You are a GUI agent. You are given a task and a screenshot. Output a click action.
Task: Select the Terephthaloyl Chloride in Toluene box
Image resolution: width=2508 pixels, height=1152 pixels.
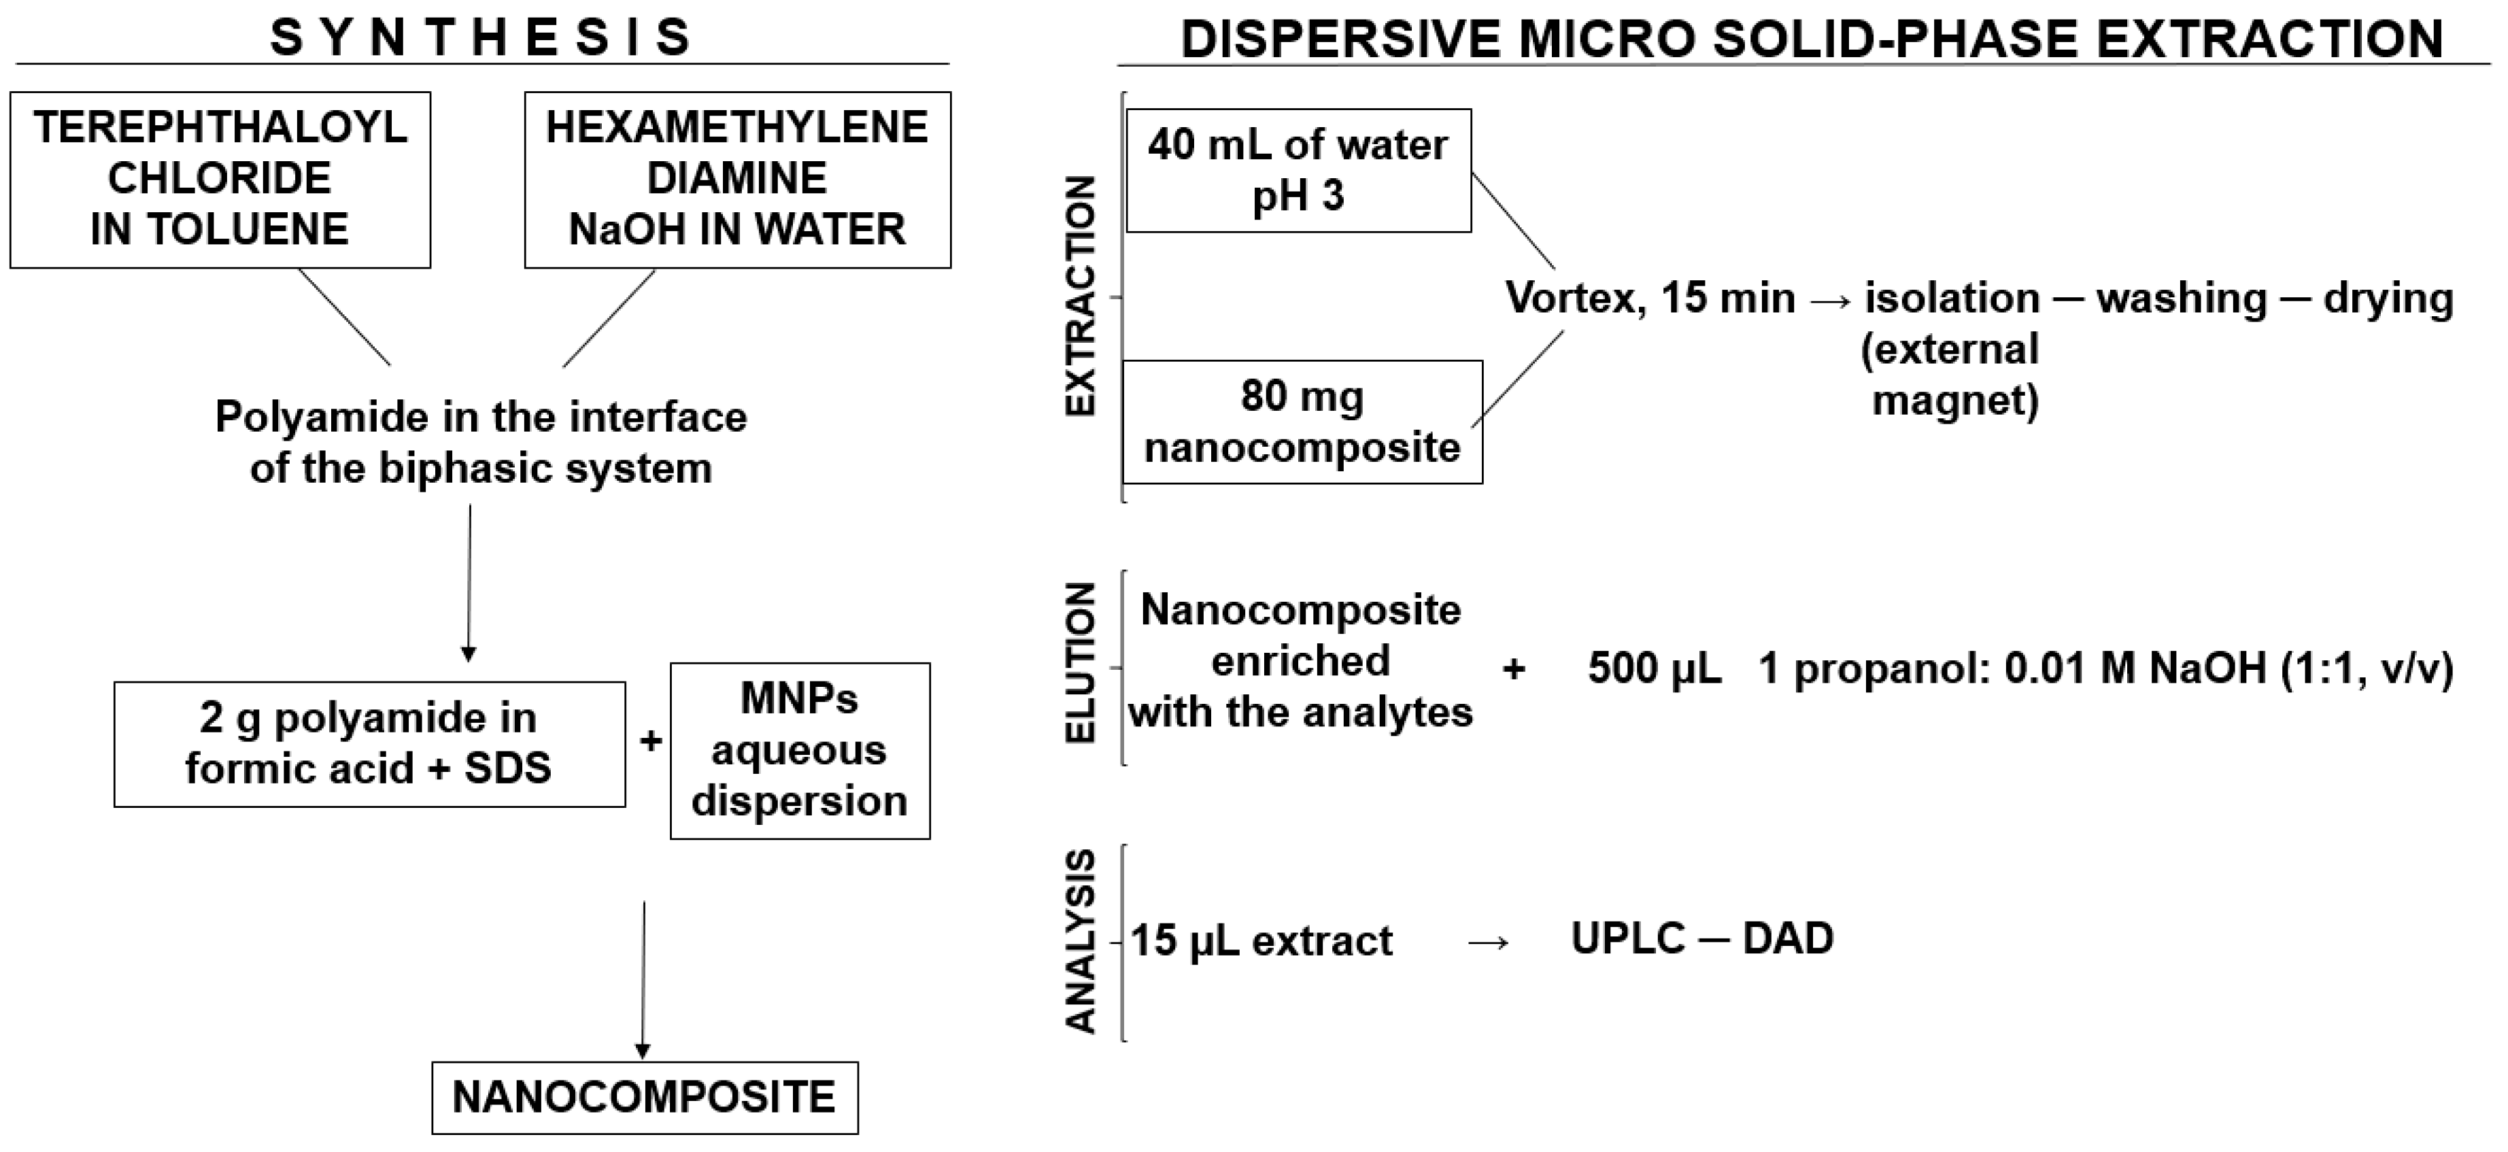(220, 179)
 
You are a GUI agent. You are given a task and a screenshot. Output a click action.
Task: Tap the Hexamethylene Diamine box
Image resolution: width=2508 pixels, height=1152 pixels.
(737, 179)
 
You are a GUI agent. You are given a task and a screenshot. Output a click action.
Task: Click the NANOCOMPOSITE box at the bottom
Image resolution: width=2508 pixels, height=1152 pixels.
(645, 1098)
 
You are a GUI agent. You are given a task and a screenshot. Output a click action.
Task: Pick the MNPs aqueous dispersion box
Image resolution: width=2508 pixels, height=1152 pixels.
(799, 750)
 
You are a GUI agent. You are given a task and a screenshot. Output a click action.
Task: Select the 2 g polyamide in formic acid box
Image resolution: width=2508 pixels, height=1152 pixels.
(369, 744)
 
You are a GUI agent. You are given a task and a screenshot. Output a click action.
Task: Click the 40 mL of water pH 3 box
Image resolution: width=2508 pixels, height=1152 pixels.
(1298, 171)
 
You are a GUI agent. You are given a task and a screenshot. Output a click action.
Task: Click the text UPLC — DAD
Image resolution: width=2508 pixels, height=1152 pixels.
(1702, 938)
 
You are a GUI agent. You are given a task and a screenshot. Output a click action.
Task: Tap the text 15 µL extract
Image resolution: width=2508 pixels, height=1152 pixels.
(1261, 941)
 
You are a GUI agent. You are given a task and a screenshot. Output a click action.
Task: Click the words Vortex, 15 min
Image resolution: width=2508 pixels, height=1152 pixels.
(1649, 298)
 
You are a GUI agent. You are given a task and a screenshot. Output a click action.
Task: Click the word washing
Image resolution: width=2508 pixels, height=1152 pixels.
(2181, 298)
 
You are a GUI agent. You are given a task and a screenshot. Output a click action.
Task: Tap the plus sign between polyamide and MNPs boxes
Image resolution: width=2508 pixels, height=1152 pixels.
(650, 742)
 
